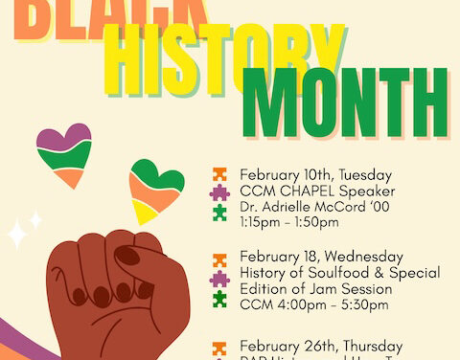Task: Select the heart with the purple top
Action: click(x=64, y=153)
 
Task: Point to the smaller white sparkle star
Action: click(x=35, y=219)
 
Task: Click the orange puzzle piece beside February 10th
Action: click(x=220, y=174)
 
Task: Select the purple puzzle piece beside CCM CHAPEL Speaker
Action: click(x=220, y=192)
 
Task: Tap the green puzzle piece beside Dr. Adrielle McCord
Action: click(x=220, y=211)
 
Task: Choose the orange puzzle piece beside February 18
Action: click(x=220, y=257)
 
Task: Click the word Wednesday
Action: click(x=363, y=256)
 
